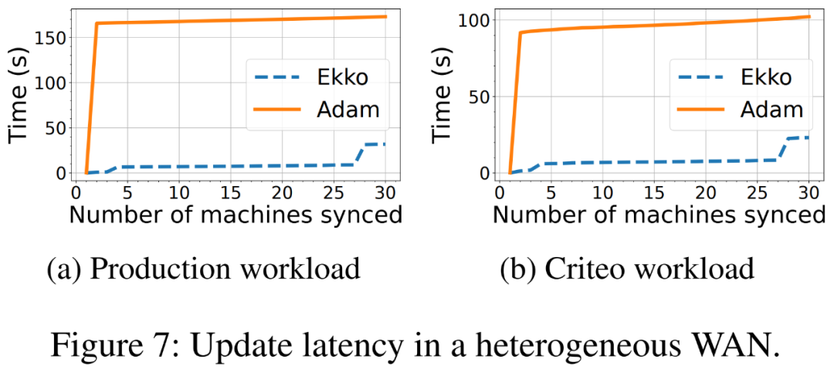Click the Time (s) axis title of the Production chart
coord(21,93)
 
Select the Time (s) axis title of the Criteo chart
coord(444,93)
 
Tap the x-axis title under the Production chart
coord(236,215)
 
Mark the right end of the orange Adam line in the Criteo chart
coord(809,16)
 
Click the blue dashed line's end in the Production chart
coord(385,144)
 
